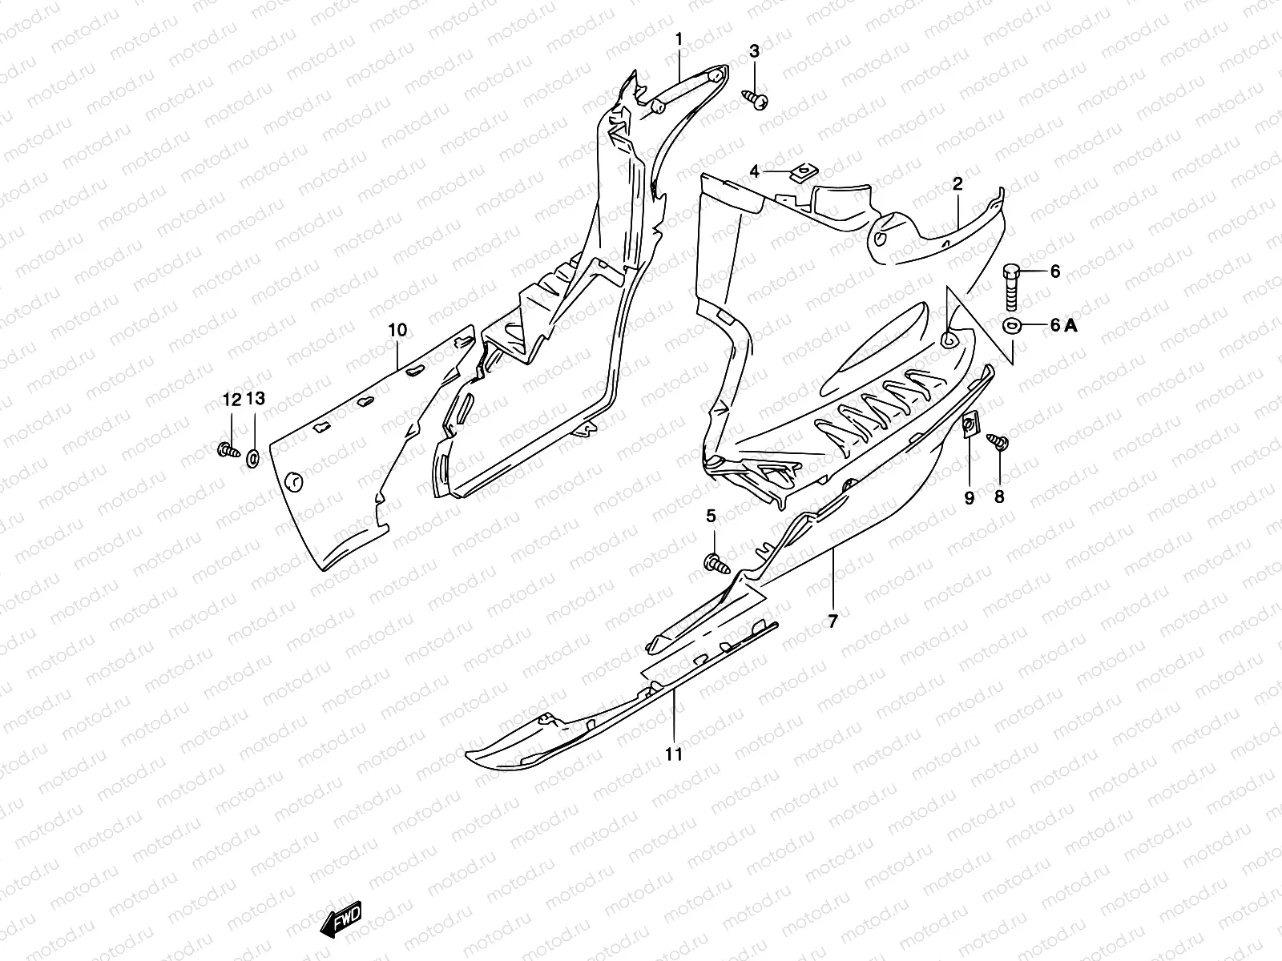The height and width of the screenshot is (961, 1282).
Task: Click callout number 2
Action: (x=957, y=184)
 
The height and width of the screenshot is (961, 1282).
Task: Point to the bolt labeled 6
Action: (x=1011, y=287)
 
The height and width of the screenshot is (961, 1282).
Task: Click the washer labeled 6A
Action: (x=1011, y=324)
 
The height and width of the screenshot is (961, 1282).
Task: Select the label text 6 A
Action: (x=1064, y=324)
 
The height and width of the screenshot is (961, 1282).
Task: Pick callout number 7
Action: (x=832, y=621)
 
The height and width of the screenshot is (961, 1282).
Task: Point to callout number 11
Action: (x=674, y=754)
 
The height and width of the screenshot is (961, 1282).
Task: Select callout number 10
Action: (x=397, y=330)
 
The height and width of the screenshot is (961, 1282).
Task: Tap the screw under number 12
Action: (x=228, y=450)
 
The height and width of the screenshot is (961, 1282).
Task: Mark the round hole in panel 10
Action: (x=294, y=480)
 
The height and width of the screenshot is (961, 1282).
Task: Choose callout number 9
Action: (x=969, y=498)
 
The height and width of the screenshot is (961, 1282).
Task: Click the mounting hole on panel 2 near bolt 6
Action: (x=948, y=340)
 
